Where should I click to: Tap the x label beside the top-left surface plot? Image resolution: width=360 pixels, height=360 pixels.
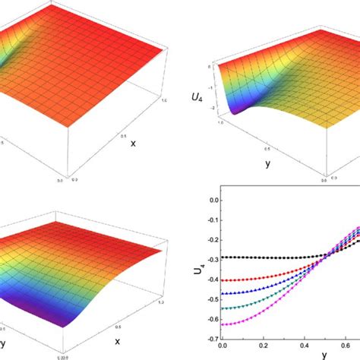coord(131,142)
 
